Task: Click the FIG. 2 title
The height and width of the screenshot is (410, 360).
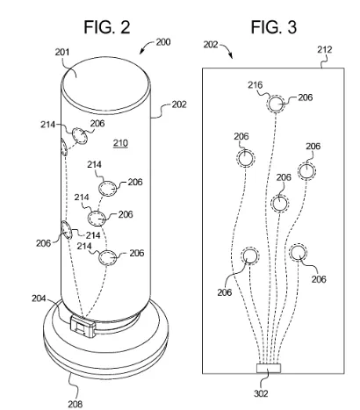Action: (107, 27)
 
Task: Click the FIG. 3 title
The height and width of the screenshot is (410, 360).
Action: (274, 27)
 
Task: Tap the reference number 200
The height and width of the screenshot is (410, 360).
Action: (163, 42)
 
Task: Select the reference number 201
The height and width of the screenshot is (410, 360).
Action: (62, 52)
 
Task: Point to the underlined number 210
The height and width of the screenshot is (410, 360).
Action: (120, 143)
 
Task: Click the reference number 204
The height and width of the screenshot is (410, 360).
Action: (39, 299)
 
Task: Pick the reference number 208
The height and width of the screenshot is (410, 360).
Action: (76, 404)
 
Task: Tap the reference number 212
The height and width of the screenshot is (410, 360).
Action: (325, 49)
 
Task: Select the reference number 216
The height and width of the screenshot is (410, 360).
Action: (256, 85)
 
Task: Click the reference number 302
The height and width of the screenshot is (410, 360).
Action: (261, 393)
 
